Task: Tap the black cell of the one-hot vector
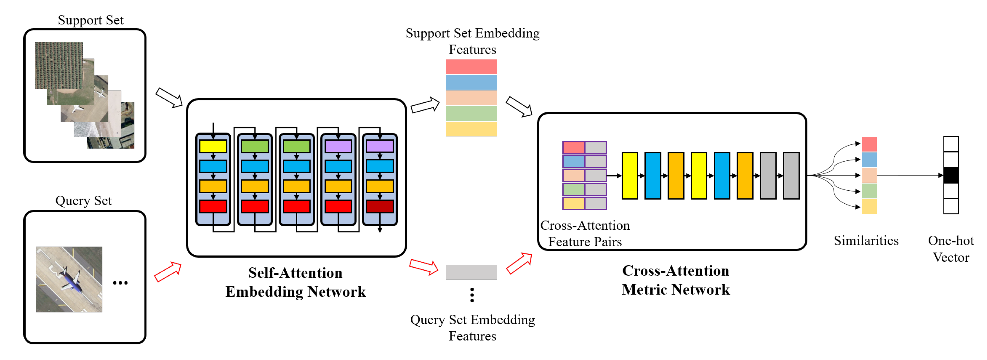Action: tap(951, 175)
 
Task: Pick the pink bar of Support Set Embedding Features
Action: tap(471, 67)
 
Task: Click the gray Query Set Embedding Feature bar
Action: tap(471, 272)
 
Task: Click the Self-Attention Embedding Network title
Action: tap(295, 282)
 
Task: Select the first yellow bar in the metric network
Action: tap(629, 176)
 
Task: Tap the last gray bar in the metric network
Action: tap(791, 176)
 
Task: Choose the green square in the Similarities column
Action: tap(869, 191)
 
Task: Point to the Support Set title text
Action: tap(90, 20)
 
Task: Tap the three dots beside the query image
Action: tap(120, 283)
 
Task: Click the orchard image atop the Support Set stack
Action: tap(59, 65)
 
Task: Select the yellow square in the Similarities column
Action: tap(869, 206)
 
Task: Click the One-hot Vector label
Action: tap(951, 249)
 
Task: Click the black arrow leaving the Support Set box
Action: tap(169, 98)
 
